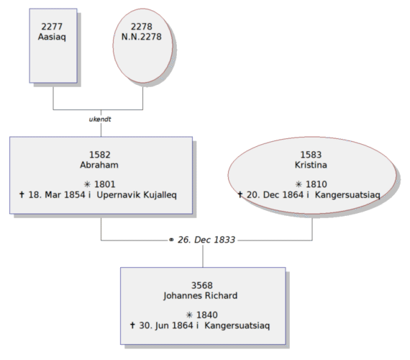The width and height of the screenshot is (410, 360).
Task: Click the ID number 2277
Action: coord(52,27)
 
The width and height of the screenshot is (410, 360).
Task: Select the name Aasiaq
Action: coord(52,37)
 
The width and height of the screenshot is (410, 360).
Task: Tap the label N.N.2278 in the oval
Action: coord(142,37)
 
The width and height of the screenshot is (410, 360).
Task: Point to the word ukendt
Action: coord(100,120)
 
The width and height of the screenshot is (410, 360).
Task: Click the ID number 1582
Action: coord(100,155)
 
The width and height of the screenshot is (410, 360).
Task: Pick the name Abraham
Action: coord(99,165)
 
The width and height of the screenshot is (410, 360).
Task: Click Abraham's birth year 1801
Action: coord(105,184)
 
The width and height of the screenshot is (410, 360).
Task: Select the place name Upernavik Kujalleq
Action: coord(137,195)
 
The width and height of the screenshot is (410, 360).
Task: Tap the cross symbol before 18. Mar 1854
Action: coord(22,194)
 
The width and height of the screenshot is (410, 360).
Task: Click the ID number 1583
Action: coord(311,155)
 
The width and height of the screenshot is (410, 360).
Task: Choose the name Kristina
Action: coord(311,165)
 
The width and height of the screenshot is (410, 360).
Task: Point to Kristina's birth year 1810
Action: coord(316,184)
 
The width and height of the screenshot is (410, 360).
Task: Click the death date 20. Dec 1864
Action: coord(275,195)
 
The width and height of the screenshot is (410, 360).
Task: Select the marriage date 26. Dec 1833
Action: coord(206,240)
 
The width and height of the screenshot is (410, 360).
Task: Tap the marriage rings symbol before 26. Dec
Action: coord(171,240)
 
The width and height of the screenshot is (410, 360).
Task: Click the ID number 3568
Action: coord(202,285)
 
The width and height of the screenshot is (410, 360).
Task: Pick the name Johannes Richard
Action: coord(201,296)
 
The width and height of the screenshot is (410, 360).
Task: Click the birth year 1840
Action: coord(207,315)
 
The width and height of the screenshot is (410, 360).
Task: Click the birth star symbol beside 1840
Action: coord(189,315)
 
